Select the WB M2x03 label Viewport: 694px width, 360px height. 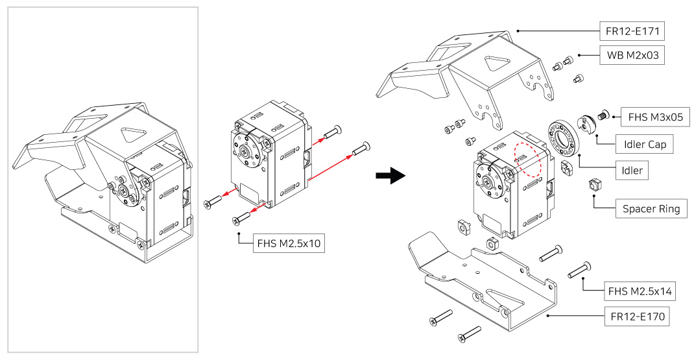632,55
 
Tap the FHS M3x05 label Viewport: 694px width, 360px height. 654,118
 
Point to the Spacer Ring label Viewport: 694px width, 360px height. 651,209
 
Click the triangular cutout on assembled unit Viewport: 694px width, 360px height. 132,135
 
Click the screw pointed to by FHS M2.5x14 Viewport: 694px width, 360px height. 579,269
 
